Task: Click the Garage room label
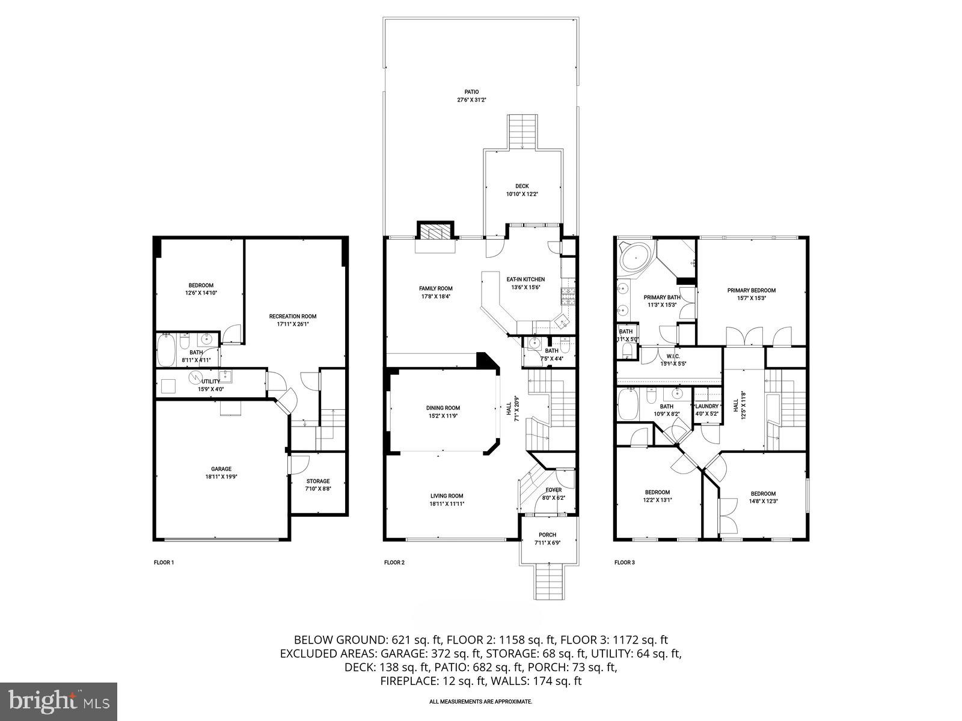click(x=221, y=469)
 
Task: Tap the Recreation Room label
click(x=292, y=316)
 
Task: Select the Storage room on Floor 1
click(x=318, y=484)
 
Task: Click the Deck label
click(x=522, y=186)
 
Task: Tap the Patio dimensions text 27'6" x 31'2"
click(x=471, y=100)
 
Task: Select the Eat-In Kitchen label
click(x=525, y=279)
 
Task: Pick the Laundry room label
click(x=706, y=406)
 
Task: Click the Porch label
click(x=547, y=535)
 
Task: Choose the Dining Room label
click(x=443, y=408)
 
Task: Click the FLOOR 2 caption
click(x=394, y=563)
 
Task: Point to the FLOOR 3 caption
click(x=624, y=563)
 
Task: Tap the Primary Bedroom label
click(x=751, y=290)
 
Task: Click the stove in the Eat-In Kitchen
click(x=569, y=295)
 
